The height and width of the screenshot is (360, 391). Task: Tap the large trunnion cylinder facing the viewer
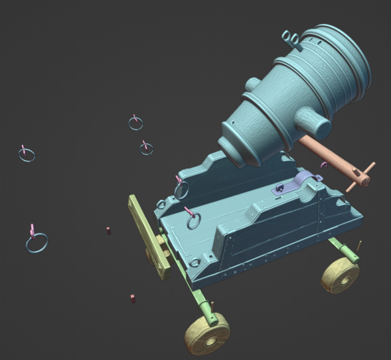point(315,125)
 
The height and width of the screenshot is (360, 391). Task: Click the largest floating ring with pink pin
point(37,243)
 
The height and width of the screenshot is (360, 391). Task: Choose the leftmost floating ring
point(26,155)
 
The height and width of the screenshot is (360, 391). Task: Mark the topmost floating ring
point(136,123)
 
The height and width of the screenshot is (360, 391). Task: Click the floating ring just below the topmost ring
point(146,149)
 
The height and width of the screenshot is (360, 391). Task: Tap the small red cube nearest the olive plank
point(109,230)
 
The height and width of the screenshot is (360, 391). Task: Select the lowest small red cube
point(131,298)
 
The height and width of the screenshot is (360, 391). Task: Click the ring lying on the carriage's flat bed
point(194,221)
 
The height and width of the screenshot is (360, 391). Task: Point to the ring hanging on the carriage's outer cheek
point(181,189)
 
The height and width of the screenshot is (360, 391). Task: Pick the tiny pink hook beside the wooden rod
point(324,165)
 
